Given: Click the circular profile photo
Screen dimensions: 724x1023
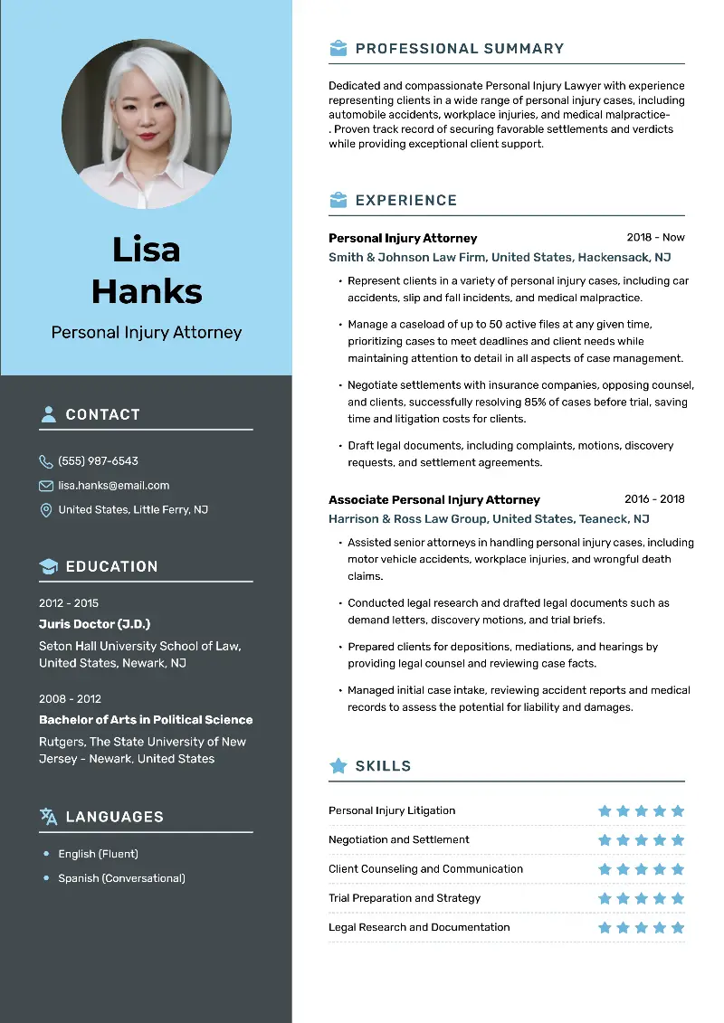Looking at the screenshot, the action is point(146,124).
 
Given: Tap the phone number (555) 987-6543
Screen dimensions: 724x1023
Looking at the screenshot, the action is point(98,461).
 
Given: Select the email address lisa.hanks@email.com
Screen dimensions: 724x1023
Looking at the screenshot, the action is point(113,486).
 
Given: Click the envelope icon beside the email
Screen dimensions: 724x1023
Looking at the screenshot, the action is point(46,486).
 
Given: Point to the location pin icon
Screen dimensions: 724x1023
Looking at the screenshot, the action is point(46,510).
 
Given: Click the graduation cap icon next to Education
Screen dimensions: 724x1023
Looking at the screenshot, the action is point(48,566).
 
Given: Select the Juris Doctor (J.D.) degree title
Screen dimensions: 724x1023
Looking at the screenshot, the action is point(94,624).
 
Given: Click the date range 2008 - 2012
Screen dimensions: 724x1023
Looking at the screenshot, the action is point(70,699).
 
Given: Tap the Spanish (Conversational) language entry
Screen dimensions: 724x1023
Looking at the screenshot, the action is point(121,878).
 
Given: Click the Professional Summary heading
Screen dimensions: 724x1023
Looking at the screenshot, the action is point(459,49).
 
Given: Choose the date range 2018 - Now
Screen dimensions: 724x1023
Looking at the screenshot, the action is point(655,238).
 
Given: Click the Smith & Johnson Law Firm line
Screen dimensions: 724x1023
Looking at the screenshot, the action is point(500,258).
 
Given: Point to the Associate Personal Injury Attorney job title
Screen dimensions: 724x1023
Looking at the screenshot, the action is point(433,499).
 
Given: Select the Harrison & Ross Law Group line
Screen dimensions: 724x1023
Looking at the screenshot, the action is point(489,519).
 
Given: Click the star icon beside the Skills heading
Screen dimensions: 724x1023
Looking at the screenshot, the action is point(338,766).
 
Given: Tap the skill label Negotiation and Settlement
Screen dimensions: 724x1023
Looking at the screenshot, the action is point(398,839).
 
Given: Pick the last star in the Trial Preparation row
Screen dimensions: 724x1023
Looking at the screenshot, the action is point(678,898).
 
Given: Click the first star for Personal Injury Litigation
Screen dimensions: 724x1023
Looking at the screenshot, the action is point(605,810).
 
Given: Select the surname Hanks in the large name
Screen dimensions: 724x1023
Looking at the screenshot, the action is point(147,291).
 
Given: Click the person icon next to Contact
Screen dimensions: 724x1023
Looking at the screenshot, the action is point(48,414).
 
